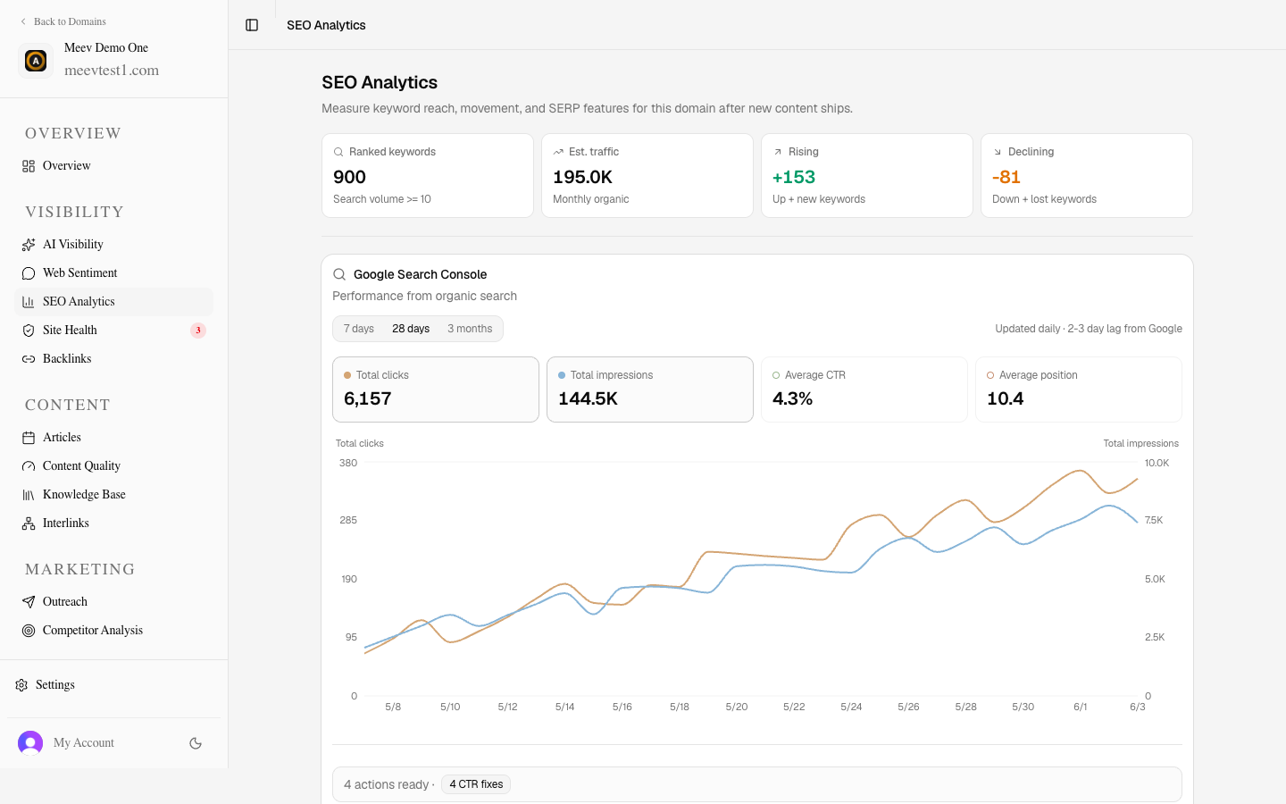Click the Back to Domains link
pos(63,21)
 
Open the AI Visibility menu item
pos(73,244)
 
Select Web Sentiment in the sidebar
pos(79,272)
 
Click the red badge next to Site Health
pos(198,331)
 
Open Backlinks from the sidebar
pos(67,358)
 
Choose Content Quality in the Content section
pos(81,465)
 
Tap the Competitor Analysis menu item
pos(93,630)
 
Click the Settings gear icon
pos(21,684)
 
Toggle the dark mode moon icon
pos(196,743)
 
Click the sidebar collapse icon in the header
pos(252,25)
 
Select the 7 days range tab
pos(358,329)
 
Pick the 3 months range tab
pos(470,329)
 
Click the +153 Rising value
pos(793,177)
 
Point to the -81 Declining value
pos(1006,177)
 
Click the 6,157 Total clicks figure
pos(367,398)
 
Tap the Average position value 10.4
pos(1005,398)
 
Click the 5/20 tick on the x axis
pos(737,707)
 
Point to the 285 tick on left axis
pos(348,520)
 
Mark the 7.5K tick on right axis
pos(1154,520)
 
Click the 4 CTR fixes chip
pos(476,784)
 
